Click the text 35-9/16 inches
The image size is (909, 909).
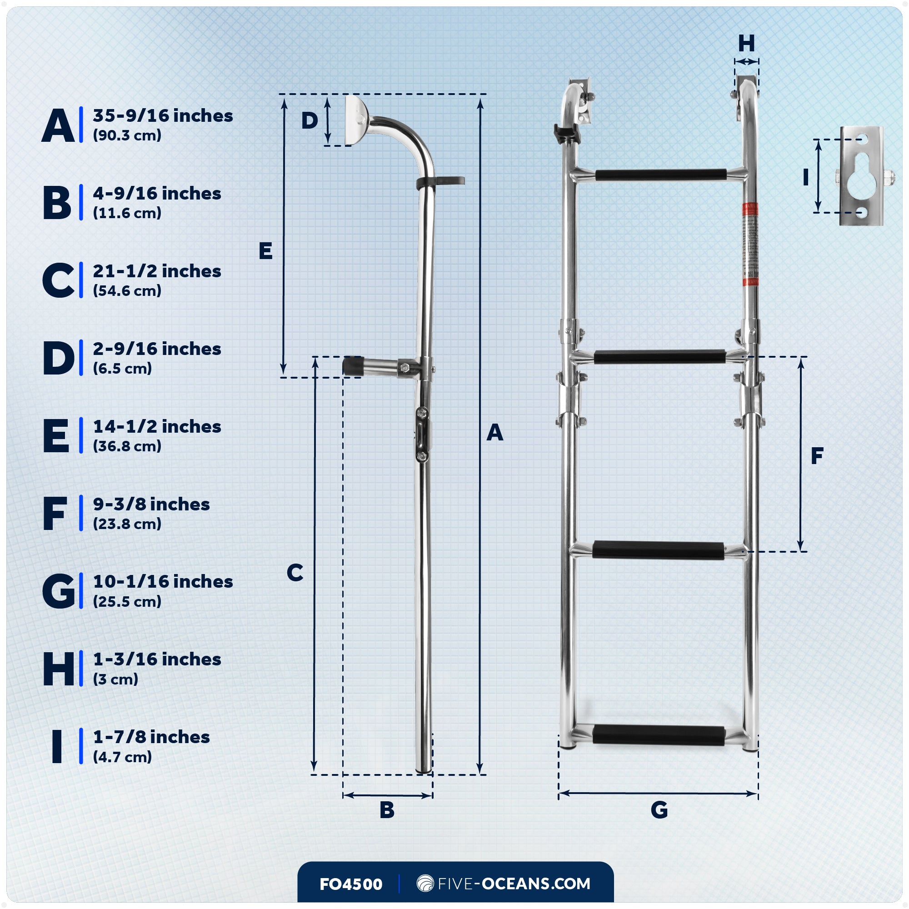[163, 116]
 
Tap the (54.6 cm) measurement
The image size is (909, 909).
[127, 291]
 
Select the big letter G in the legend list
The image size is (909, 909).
[58, 591]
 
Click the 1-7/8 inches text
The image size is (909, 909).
[151, 737]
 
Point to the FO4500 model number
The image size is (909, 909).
[350, 884]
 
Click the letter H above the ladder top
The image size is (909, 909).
[747, 44]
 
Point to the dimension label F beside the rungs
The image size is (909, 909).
[817, 455]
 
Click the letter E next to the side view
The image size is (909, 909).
[265, 251]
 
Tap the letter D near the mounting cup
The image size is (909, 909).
[310, 121]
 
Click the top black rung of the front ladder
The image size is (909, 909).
[660, 175]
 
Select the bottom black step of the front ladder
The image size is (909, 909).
[659, 735]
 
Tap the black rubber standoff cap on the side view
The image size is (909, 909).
[352, 366]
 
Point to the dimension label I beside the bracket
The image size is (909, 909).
[805, 177]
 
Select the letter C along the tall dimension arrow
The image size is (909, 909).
[295, 573]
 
